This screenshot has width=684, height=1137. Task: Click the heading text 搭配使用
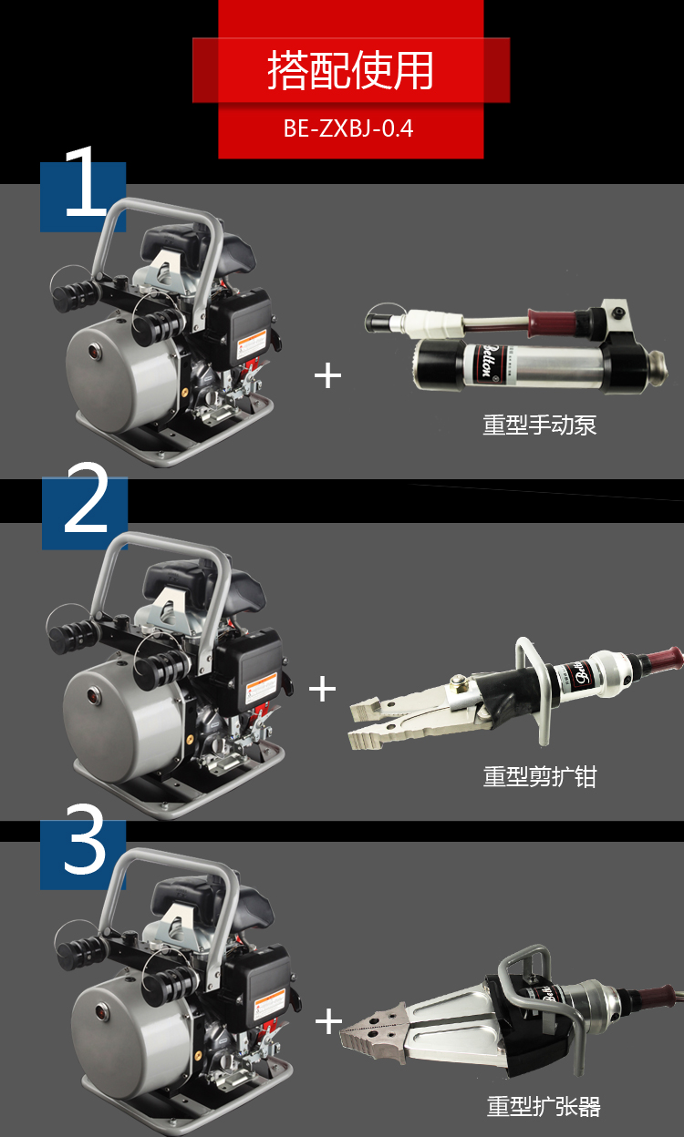pos(350,71)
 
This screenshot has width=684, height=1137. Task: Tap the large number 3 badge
pos(85,846)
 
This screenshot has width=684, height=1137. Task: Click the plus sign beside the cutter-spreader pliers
pos(323,689)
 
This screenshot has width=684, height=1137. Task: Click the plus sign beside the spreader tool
pos(328,1020)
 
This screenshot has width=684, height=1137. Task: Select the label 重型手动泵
pos(539,425)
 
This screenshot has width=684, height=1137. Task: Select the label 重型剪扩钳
pos(539,776)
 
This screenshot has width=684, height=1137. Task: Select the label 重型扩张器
pos(544,1106)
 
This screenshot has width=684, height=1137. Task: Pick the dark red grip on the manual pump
pos(552,321)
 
